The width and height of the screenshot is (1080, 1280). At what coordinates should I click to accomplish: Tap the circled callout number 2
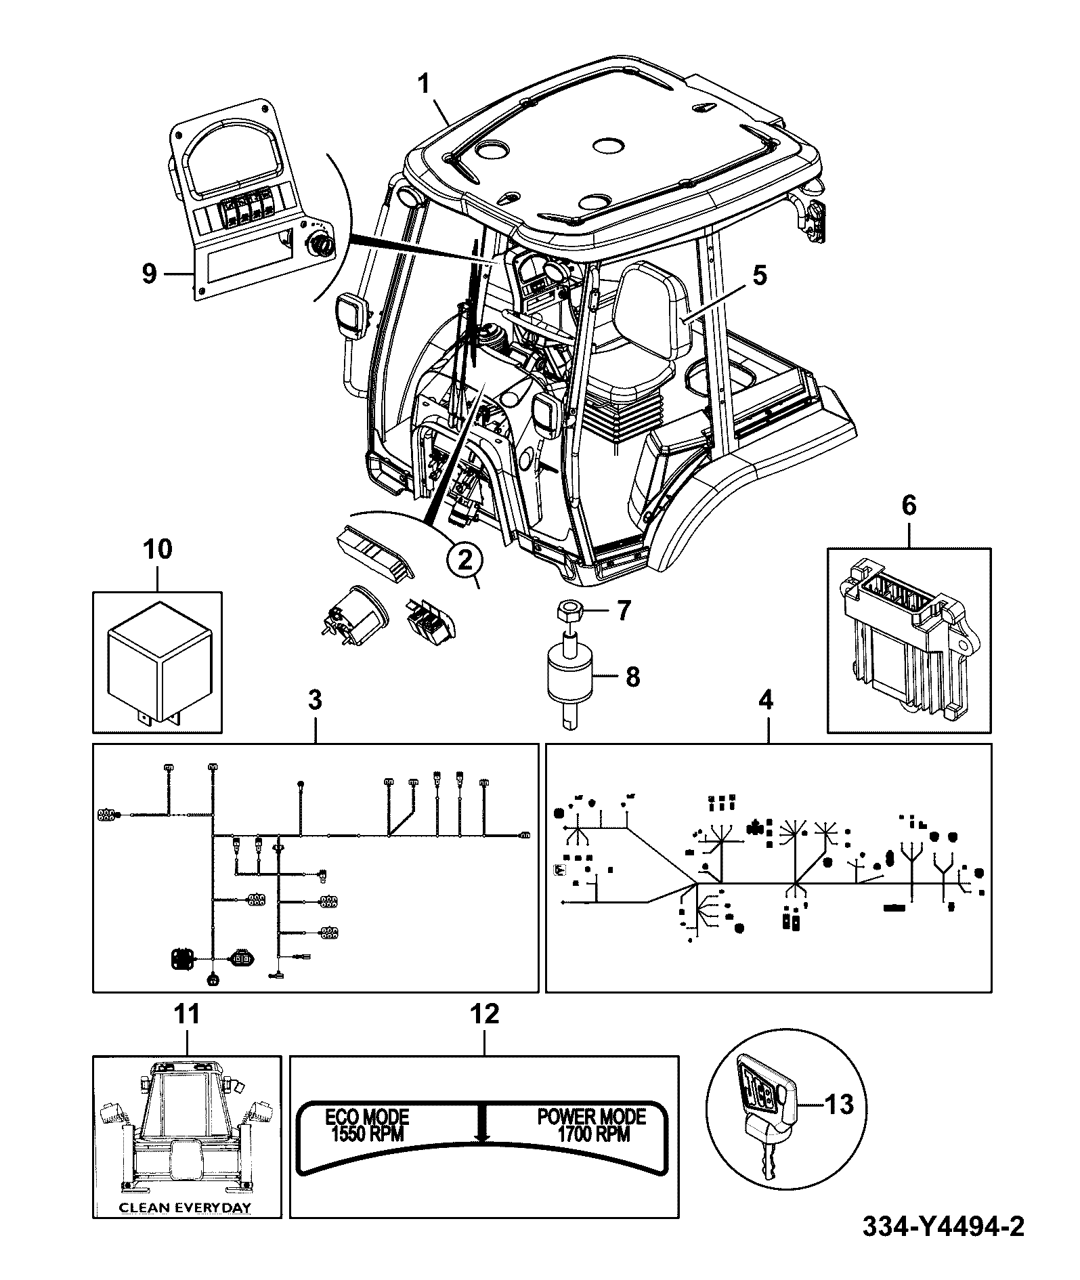coord(465,561)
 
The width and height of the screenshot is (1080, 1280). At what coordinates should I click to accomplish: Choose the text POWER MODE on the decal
coord(592,1115)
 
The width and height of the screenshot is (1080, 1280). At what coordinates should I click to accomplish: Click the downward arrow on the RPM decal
coord(481,1125)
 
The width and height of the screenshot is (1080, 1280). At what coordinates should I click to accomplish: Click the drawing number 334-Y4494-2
coord(943,1245)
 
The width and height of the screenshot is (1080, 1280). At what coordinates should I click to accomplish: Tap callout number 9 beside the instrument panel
coord(149,274)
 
